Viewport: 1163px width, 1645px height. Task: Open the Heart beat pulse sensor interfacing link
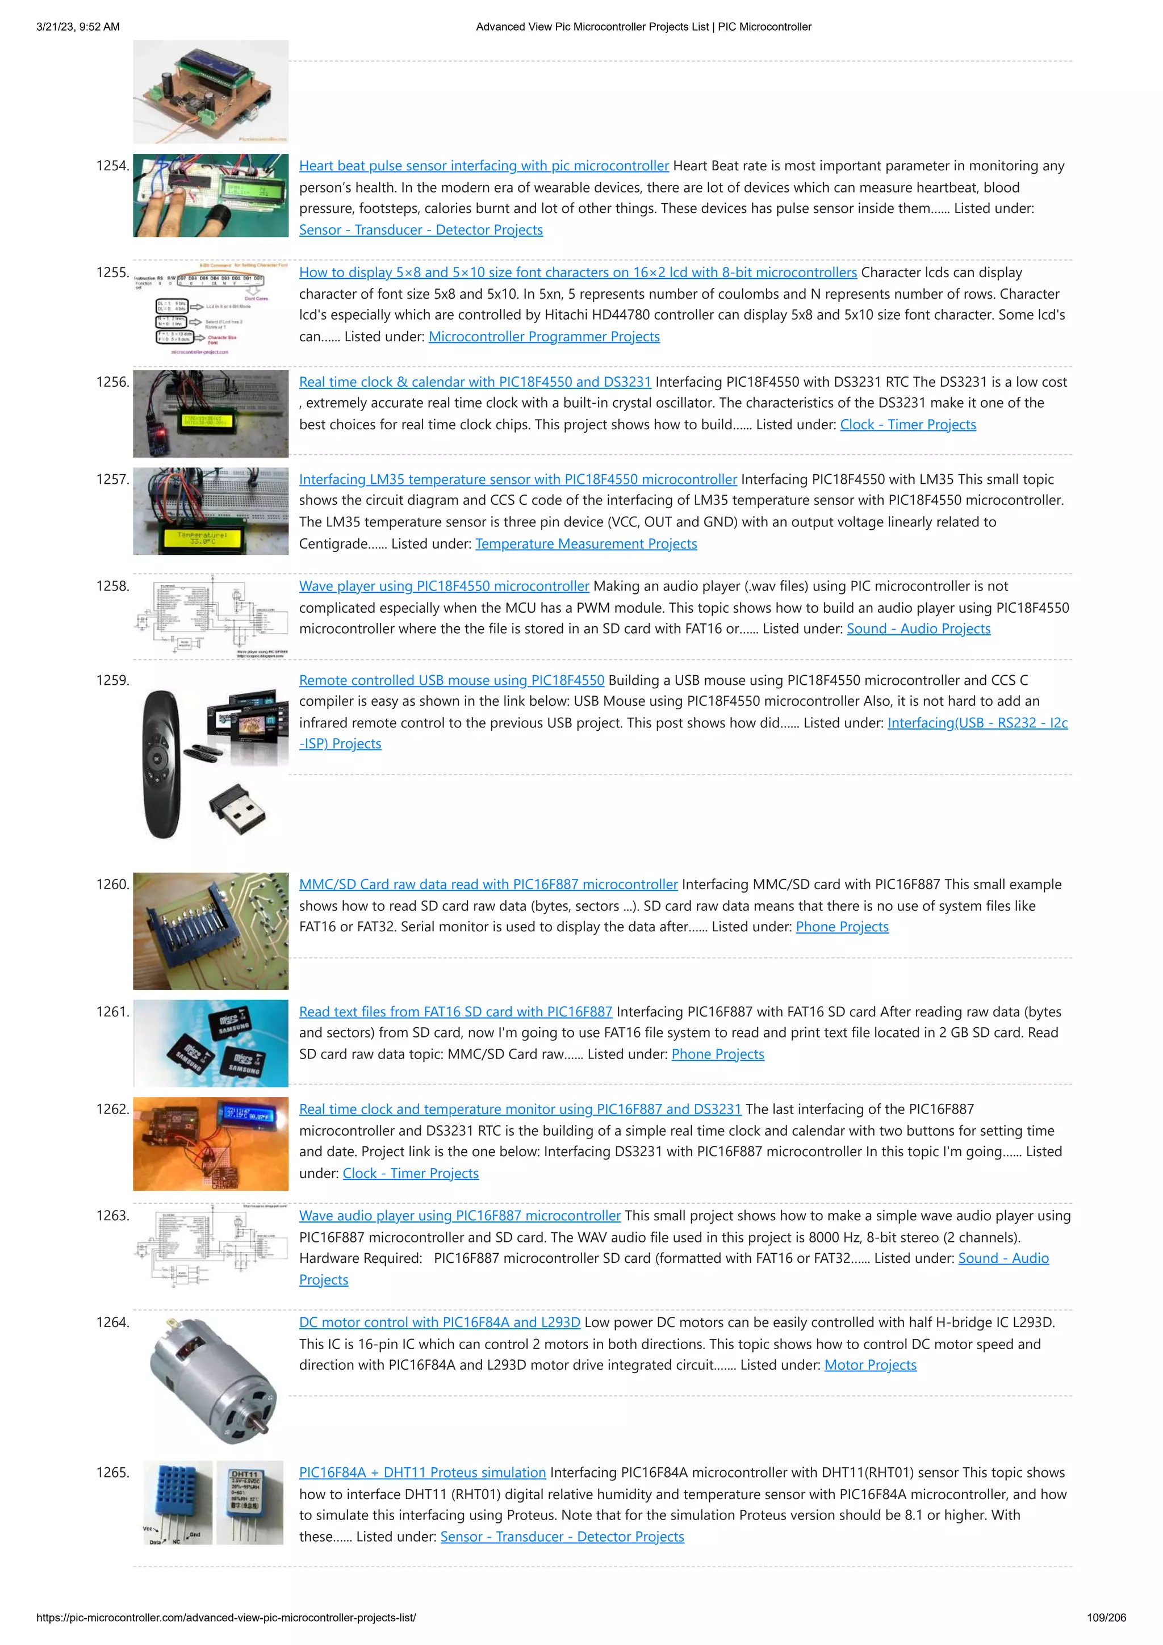click(484, 165)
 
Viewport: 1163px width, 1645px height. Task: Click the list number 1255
click(112, 272)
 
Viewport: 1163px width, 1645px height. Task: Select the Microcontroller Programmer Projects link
click(544, 337)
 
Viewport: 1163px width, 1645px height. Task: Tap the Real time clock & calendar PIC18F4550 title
click(474, 382)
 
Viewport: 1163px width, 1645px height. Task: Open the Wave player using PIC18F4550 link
click(444, 586)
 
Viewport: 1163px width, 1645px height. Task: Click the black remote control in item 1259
click(161, 763)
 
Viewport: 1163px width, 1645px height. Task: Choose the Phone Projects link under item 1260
click(842, 927)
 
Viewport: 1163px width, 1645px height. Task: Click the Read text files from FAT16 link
click(455, 1012)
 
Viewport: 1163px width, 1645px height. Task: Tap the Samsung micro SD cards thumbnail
click(211, 1043)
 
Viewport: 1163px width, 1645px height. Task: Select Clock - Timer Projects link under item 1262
click(410, 1174)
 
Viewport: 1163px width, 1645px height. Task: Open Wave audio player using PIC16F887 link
click(459, 1216)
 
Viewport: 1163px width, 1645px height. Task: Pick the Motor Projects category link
click(870, 1366)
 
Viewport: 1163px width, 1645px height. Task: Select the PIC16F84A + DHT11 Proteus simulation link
click(422, 1473)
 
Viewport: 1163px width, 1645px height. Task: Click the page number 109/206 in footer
click(1106, 1618)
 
